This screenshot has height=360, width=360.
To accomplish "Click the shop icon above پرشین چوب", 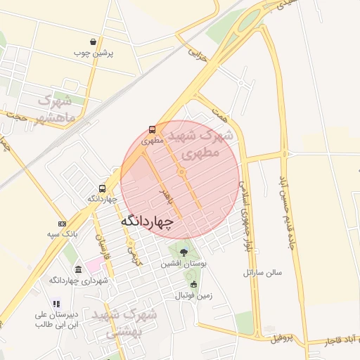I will [93, 41].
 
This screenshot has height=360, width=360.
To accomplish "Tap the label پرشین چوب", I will [94, 53].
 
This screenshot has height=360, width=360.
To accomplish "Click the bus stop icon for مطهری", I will [152, 130].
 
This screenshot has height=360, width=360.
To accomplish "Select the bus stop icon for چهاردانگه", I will [103, 188].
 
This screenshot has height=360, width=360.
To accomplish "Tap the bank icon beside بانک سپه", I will [63, 223].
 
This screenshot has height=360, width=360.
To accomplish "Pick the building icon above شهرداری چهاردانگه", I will [77, 270].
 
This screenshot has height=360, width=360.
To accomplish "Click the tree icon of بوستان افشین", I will [184, 252].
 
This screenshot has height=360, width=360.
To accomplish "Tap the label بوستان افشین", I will [182, 264].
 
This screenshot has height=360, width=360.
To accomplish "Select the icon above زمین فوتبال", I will [194, 285].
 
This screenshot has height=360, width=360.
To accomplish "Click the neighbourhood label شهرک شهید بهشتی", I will [120, 323].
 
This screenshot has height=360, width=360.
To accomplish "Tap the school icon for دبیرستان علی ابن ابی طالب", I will [56, 304].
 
